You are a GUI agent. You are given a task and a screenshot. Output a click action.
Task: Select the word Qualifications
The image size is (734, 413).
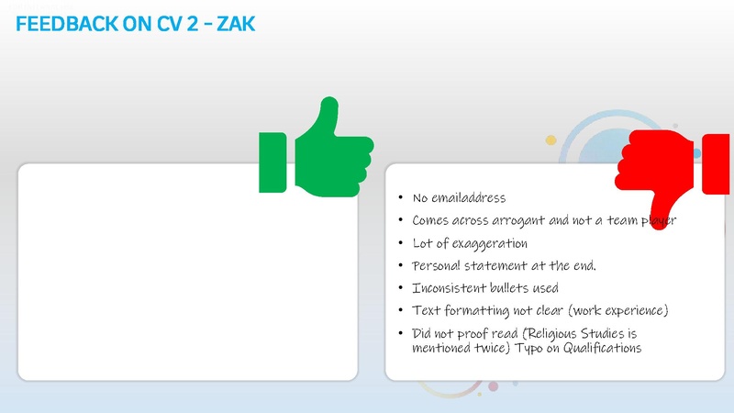pyautogui.click(x=600, y=349)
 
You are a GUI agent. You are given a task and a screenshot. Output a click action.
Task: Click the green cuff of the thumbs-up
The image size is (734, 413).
pyautogui.click(x=272, y=162)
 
